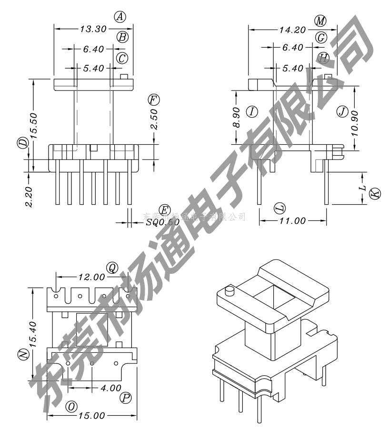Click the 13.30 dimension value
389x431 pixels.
[x=93, y=29]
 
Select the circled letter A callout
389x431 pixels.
[x=120, y=17]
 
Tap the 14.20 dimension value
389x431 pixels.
[x=292, y=30]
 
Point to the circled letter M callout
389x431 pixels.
[x=320, y=20]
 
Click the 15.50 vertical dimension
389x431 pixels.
[x=33, y=125]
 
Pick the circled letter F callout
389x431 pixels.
[x=153, y=100]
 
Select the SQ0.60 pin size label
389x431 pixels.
[x=162, y=222]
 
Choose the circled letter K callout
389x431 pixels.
[x=376, y=193]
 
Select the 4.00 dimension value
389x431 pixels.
[x=111, y=388]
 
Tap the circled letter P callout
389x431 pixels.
[x=125, y=398]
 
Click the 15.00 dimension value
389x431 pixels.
[x=91, y=416]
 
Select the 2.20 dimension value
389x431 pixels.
[x=29, y=196]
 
